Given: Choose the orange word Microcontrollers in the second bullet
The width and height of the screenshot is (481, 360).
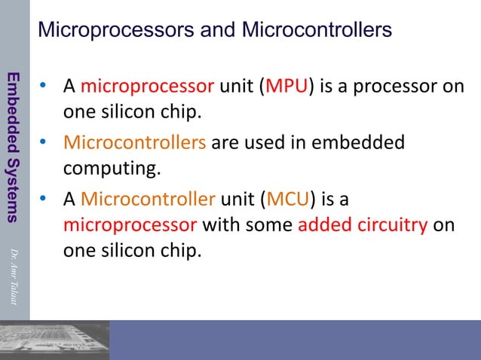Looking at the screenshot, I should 134,143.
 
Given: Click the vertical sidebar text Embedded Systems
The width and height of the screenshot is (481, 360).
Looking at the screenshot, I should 14,147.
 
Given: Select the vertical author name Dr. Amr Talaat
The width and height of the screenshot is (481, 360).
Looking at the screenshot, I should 14,274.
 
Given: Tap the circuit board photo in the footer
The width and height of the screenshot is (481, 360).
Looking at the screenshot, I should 55,340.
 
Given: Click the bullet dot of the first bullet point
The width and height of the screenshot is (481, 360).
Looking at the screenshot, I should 45,87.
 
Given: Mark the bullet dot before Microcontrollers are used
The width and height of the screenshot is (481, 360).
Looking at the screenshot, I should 45,143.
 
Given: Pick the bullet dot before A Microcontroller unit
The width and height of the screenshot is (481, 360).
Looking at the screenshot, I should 45,200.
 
